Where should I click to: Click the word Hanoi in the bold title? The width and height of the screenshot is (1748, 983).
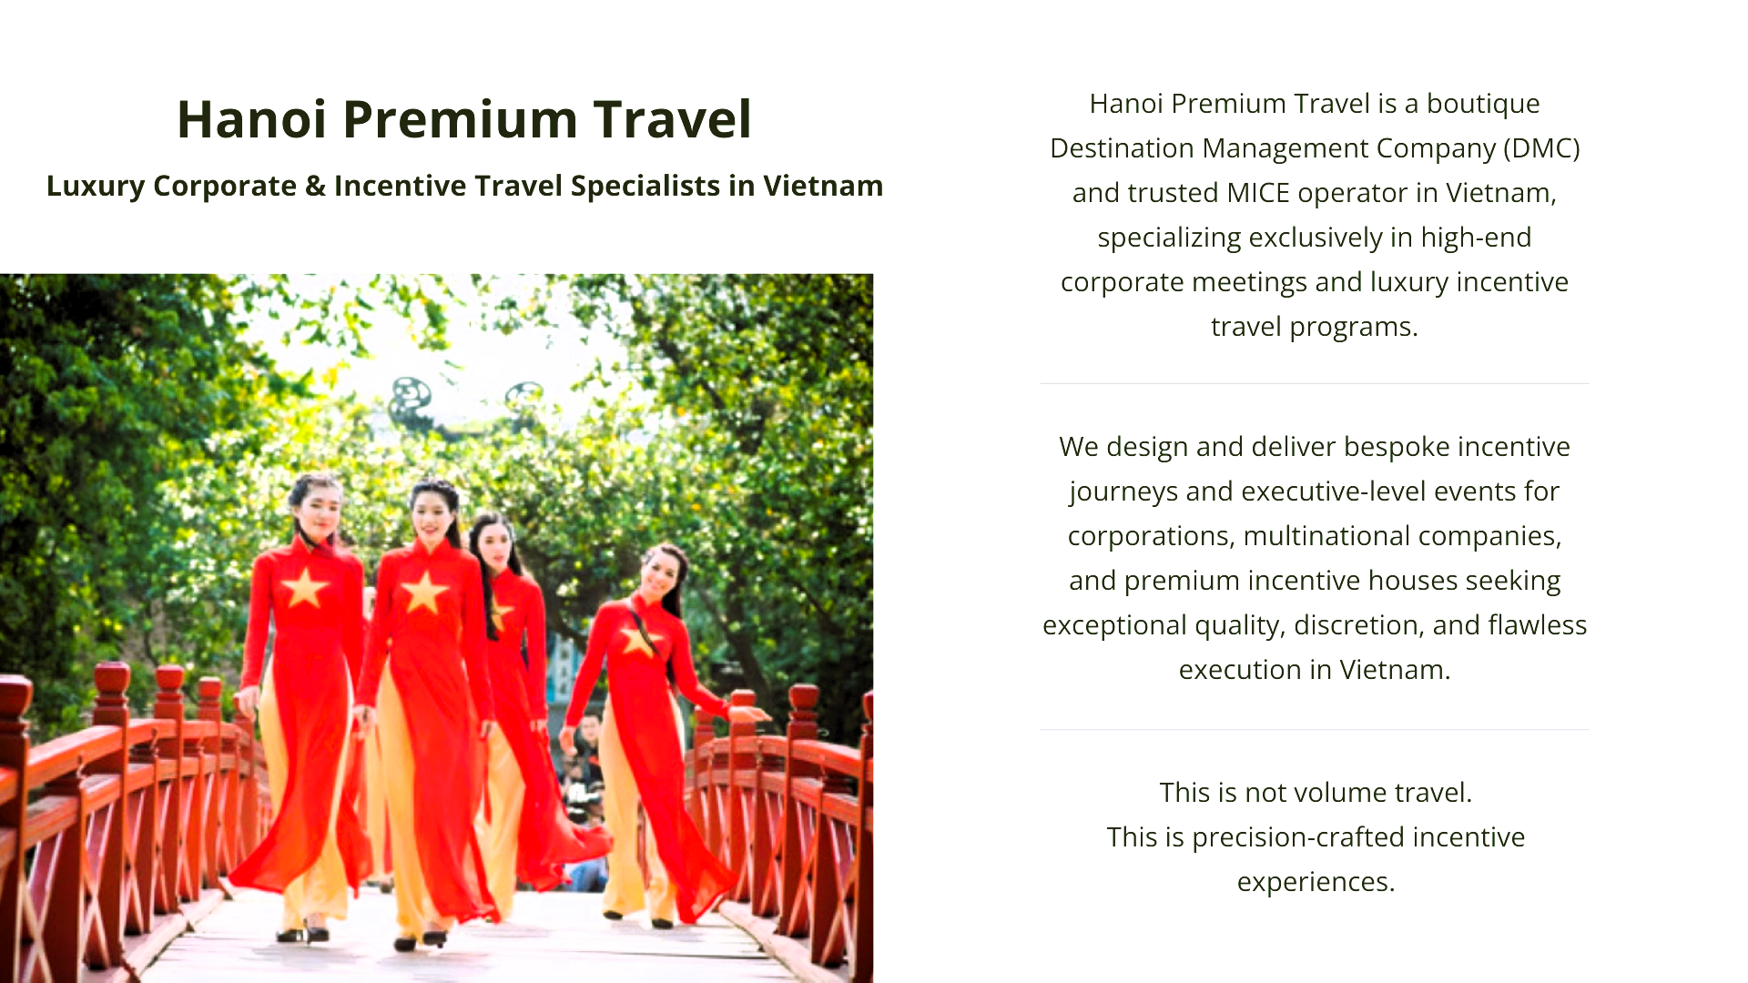[251, 119]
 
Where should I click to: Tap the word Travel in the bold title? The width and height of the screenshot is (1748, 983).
[672, 119]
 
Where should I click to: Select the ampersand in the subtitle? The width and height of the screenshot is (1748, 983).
[315, 186]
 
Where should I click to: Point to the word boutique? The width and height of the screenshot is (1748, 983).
[1483, 104]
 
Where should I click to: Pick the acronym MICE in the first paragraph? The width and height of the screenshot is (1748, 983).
[1258, 193]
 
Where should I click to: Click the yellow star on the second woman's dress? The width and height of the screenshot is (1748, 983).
[424, 592]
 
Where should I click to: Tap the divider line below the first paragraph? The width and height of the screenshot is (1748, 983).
[1315, 384]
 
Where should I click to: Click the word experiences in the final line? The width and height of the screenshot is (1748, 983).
[1316, 882]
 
